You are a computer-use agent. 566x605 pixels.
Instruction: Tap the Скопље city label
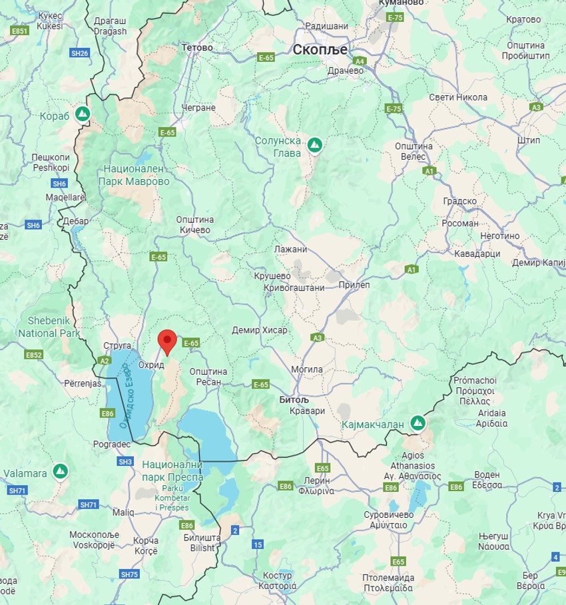click(x=320, y=49)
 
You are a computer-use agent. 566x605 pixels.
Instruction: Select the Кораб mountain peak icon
click(x=83, y=114)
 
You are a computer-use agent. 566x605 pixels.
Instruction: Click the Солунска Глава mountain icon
click(x=314, y=144)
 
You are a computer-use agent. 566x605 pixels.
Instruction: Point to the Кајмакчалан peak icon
click(x=418, y=423)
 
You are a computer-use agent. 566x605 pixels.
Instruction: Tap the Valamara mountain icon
click(x=61, y=471)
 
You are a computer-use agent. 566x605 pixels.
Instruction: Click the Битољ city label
click(x=294, y=401)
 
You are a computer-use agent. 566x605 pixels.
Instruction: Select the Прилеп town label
click(x=354, y=285)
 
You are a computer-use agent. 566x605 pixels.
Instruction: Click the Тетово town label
click(x=196, y=48)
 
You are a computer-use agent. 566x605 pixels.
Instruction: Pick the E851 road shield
click(x=20, y=31)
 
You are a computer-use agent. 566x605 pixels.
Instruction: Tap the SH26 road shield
click(x=79, y=53)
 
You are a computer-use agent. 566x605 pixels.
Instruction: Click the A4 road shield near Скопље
click(x=360, y=61)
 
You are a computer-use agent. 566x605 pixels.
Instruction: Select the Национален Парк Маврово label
click(x=134, y=175)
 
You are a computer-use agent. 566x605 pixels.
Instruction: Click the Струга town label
click(x=118, y=346)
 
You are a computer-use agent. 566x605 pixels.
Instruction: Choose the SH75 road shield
click(x=130, y=574)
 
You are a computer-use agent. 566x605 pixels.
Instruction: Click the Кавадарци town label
click(x=477, y=254)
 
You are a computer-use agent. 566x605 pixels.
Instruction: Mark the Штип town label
click(x=528, y=140)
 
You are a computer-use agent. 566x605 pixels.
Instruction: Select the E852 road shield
click(x=34, y=355)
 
